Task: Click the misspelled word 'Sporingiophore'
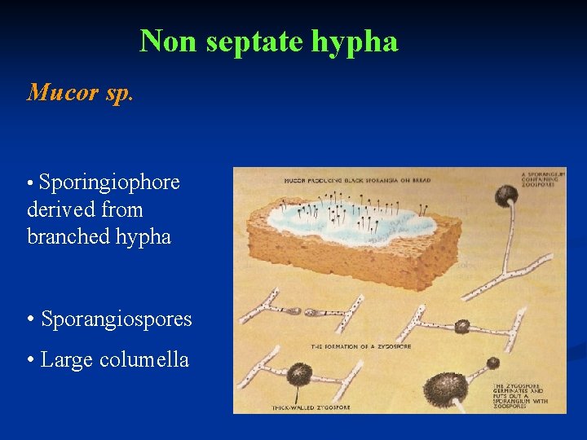click(109, 183)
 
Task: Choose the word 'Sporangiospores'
click(117, 319)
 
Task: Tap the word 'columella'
click(144, 359)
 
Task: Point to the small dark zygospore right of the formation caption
click(461, 327)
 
